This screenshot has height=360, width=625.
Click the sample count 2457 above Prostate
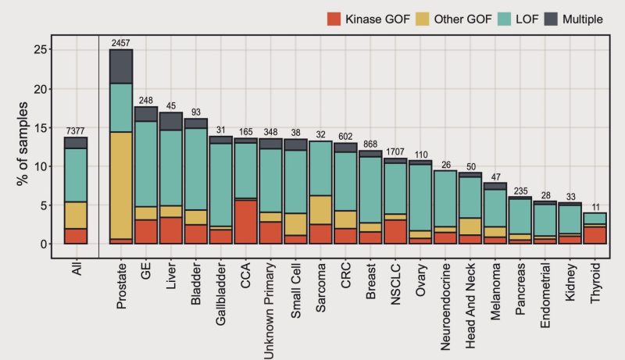click(x=121, y=42)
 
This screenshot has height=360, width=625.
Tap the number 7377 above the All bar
click(x=76, y=130)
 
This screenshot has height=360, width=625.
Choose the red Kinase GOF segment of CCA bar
click(x=246, y=222)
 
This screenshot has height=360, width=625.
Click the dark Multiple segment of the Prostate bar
click(x=121, y=66)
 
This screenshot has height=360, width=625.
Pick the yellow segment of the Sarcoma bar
click(x=321, y=209)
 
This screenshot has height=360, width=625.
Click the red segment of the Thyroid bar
click(x=595, y=235)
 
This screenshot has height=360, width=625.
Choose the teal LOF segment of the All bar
click(x=76, y=175)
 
